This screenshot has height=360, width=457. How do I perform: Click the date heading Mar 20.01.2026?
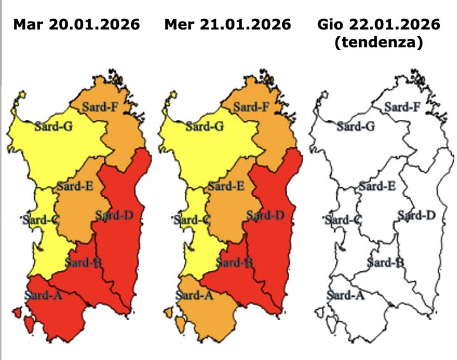point(76,25)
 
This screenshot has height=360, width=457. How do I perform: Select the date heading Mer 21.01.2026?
point(227,25)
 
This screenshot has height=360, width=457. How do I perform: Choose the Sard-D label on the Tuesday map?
point(114,215)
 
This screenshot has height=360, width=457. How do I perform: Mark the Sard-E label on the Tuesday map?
point(75,186)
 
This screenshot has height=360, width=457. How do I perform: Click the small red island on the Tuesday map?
point(17,312)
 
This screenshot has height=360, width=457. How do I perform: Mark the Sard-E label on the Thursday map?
point(377,186)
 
